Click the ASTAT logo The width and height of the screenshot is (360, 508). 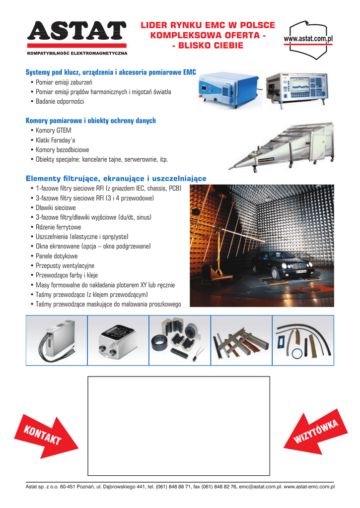coord(76,32)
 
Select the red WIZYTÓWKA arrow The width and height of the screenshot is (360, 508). coord(316,432)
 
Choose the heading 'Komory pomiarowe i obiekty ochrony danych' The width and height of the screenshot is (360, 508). coord(91,121)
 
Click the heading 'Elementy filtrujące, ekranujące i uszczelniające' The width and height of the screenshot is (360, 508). coord(116,178)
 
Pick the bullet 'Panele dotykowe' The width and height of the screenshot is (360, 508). coord(57,256)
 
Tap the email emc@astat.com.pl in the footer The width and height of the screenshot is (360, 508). coord(261,487)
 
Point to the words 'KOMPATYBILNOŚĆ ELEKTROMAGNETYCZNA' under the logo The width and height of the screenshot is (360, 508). coord(77,53)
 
